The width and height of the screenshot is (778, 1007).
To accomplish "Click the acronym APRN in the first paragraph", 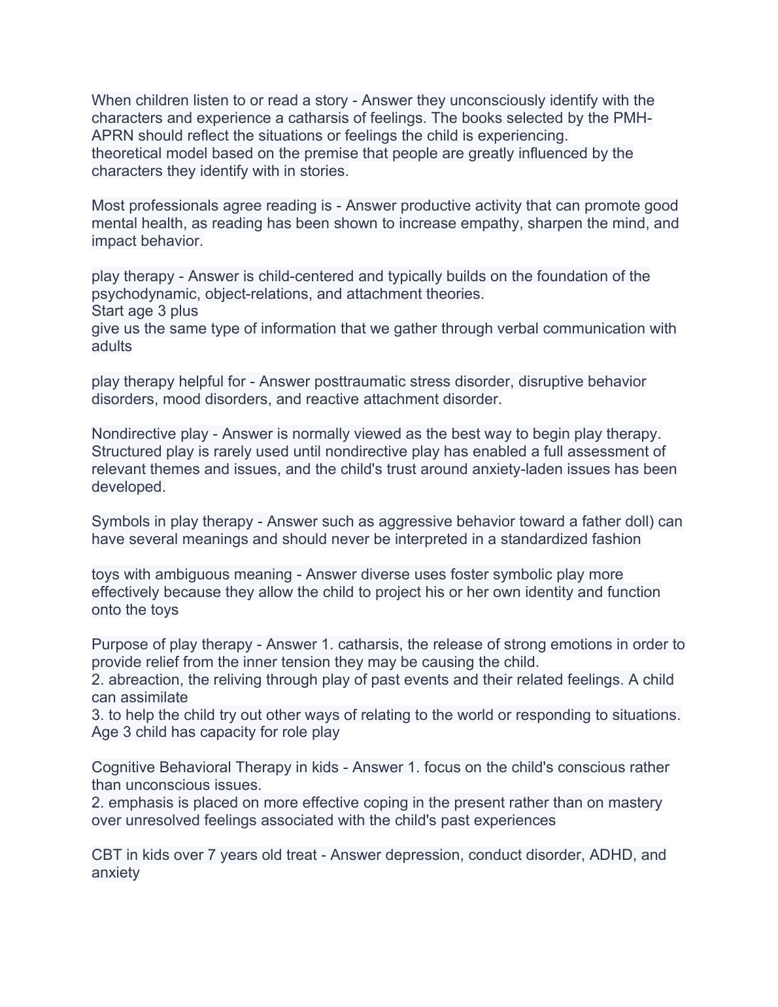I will [112, 136].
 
